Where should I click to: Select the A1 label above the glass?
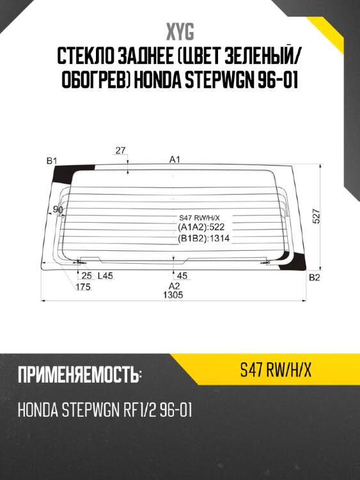(x=175, y=159)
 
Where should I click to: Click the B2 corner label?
(x=314, y=277)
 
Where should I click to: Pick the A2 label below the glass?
(x=174, y=286)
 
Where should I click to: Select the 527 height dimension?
(x=316, y=216)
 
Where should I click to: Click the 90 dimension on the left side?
(x=58, y=209)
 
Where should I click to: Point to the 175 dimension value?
(x=82, y=287)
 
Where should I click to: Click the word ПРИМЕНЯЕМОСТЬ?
(x=79, y=375)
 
